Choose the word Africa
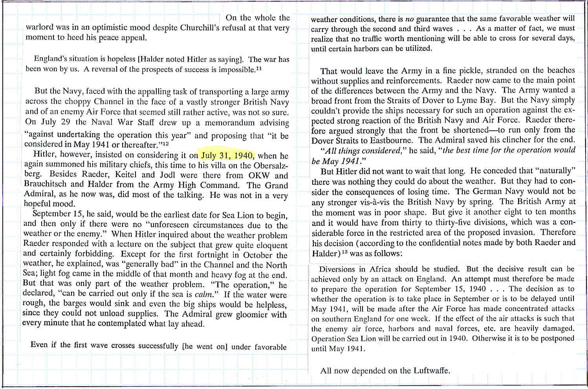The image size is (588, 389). [381, 270]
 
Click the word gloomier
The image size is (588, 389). [244, 314]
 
